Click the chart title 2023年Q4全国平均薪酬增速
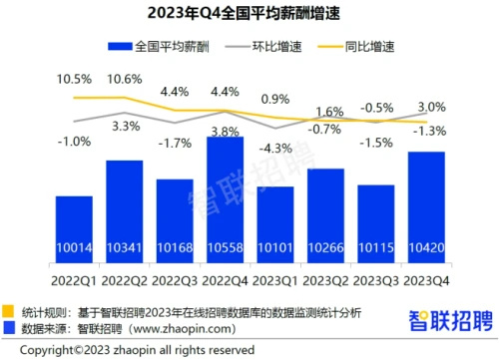[249, 13]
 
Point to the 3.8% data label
[225, 130]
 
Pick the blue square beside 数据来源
[10, 327]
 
